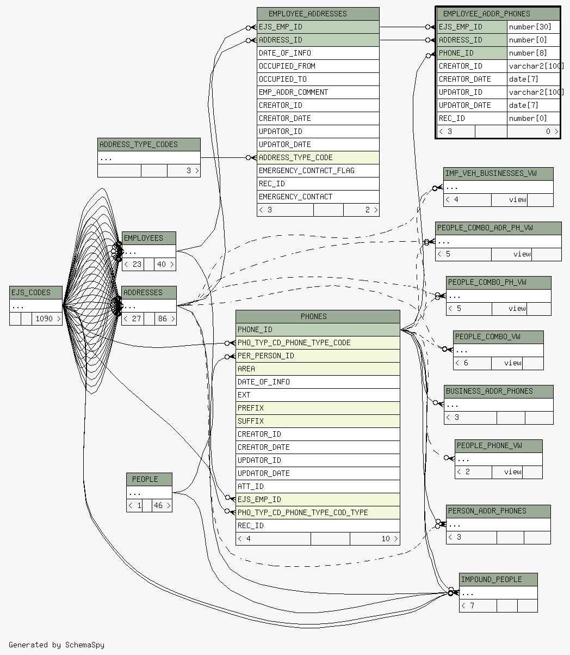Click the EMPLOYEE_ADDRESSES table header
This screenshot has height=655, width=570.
318,14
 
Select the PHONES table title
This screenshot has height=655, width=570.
314,316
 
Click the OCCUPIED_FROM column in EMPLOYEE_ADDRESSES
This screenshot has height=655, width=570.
287,66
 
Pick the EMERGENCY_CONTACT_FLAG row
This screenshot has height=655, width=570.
306,170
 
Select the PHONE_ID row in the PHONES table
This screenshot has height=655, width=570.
255,329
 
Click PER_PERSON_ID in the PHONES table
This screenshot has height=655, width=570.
265,356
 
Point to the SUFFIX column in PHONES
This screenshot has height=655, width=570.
251,421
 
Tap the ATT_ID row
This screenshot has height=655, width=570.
251,486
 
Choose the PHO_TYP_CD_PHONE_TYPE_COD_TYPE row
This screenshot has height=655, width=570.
302,512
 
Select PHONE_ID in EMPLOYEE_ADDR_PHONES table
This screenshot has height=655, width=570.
456,53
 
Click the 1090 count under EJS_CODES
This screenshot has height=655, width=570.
45,319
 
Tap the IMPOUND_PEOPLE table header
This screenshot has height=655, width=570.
491,579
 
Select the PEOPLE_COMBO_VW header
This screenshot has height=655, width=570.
487,336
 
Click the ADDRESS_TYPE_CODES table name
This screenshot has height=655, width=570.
138,144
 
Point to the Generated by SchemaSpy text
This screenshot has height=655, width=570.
57,645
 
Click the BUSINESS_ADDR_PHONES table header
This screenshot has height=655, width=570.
489,391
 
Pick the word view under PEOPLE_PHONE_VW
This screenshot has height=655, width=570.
512,472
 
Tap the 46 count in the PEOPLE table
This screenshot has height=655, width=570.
158,506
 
